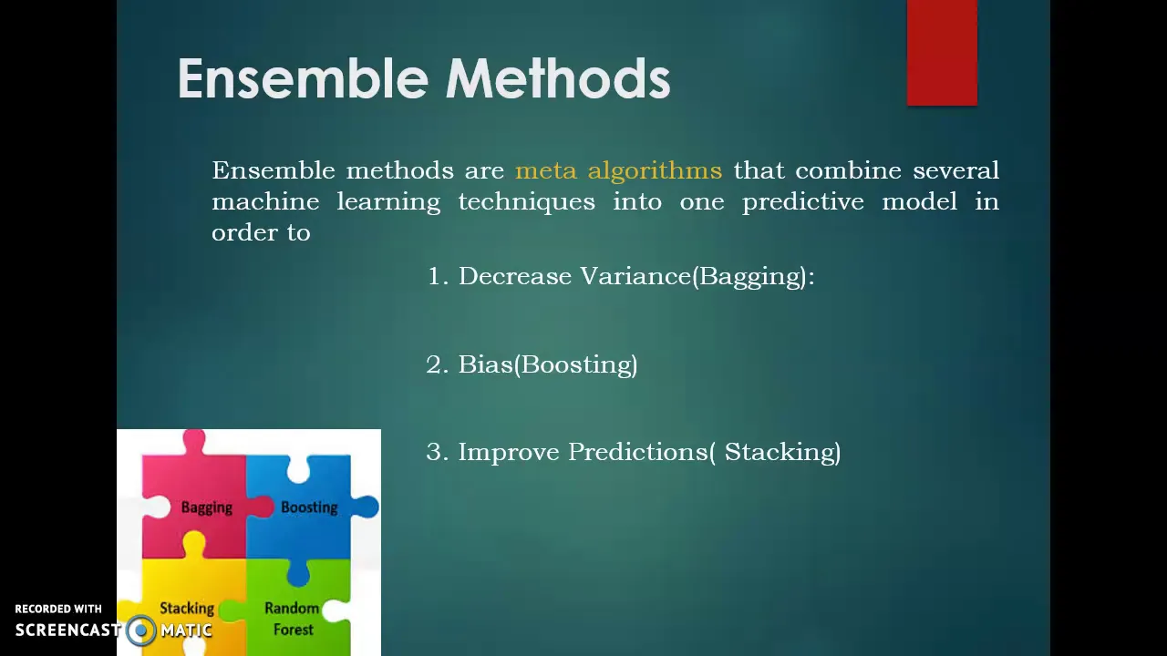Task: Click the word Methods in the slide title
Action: pos(558,78)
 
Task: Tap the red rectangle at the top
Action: pos(942,53)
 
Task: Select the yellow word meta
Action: pos(546,170)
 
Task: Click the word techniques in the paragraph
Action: pos(527,202)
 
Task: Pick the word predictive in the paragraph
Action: pos(803,202)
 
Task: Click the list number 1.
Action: pos(438,276)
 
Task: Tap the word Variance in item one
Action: pos(635,276)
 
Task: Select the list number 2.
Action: pos(438,364)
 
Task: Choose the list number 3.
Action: pos(438,452)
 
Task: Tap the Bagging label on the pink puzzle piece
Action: pos(207,507)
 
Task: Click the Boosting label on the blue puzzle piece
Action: pos(309,507)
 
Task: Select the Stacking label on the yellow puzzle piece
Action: pos(187,609)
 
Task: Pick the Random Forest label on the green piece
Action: pos(293,619)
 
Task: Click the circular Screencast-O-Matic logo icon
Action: pos(140,630)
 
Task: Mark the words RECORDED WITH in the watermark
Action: pos(58,609)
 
